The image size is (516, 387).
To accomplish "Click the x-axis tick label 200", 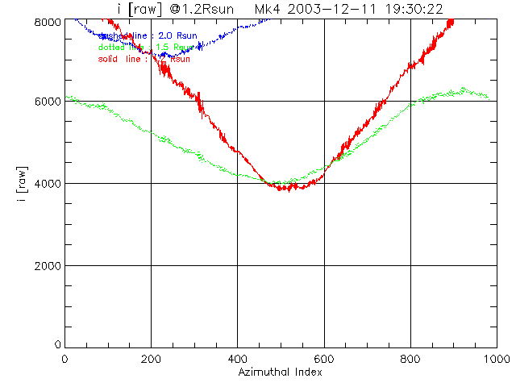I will tap(151, 359).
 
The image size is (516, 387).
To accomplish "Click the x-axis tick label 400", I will tap(237, 359).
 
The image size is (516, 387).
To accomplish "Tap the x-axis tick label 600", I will tap(324, 359).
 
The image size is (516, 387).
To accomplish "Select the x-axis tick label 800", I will tap(410, 359).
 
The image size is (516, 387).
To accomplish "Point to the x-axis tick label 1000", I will tap(495, 359).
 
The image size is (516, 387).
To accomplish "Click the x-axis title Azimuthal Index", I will tap(280, 373).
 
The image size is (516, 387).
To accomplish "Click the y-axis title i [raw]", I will tap(23, 183).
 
